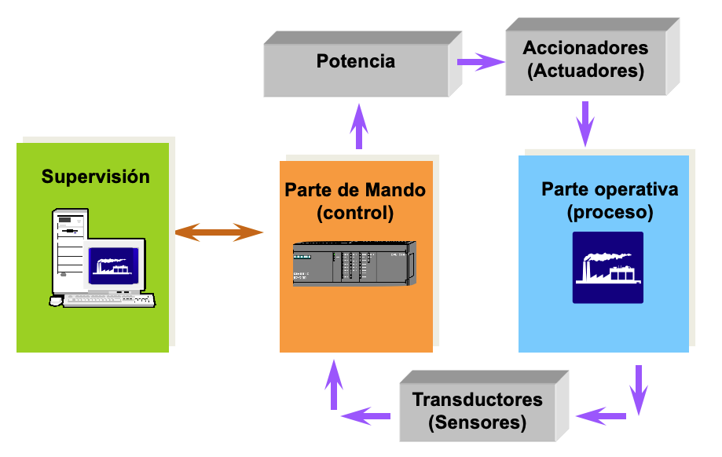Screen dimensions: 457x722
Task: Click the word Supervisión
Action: (x=95, y=177)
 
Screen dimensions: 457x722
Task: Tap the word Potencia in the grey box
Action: (x=356, y=61)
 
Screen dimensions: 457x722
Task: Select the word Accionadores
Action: (x=586, y=47)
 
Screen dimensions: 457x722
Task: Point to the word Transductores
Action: (x=477, y=399)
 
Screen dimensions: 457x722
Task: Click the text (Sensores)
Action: (x=477, y=422)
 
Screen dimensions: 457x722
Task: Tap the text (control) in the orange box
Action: (x=355, y=213)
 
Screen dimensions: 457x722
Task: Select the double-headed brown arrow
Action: (x=218, y=232)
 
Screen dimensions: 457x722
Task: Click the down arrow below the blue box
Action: (x=639, y=389)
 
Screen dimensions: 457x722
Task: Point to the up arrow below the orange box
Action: (x=335, y=384)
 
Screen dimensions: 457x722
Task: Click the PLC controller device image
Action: (x=354, y=263)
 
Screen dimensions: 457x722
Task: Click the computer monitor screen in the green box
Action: (x=113, y=264)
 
